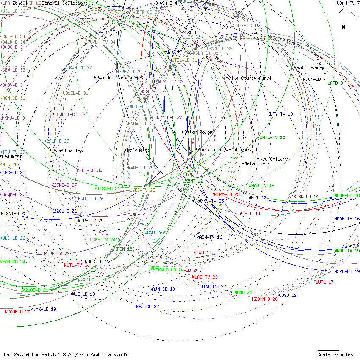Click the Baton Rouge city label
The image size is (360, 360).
tap(198, 132)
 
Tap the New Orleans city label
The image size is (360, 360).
tap(274, 159)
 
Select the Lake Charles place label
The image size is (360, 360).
tap(67, 150)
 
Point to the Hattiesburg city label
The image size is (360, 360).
tap(310, 68)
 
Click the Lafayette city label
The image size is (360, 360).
tap(139, 150)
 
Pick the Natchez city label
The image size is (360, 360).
tap(177, 52)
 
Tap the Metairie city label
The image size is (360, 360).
tap(255, 163)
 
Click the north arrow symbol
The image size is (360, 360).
tap(343, 17)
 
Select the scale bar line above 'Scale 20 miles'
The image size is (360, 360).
tap(328, 351)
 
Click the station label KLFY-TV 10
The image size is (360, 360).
tap(280, 114)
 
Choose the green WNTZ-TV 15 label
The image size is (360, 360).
tap(273, 137)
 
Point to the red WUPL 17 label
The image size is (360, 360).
tap(324, 282)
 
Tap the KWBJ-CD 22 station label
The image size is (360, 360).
tap(146, 307)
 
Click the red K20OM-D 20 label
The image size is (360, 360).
tap(17, 312)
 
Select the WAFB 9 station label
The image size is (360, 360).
tap(335, 83)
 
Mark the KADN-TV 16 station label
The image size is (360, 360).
tap(209, 237)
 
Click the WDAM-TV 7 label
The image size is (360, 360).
tap(348, 3)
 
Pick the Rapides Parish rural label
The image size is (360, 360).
tap(122, 78)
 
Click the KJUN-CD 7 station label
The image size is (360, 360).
tap(314, 79)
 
